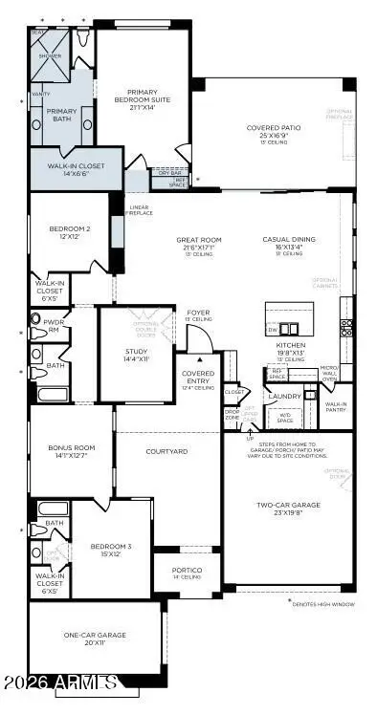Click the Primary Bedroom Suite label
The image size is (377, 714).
(142, 98)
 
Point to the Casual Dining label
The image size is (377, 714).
(287, 246)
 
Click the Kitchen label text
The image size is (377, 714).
(290, 350)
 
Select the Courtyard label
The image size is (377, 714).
(166, 450)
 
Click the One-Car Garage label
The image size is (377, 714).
(96, 638)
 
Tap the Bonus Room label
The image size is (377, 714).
(72, 451)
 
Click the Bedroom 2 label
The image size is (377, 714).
(70, 232)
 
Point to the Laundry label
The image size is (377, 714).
(284, 396)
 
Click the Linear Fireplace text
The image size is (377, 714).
(139, 211)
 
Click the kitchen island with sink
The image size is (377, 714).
(289, 316)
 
